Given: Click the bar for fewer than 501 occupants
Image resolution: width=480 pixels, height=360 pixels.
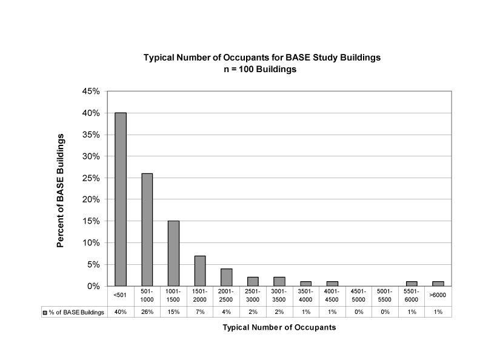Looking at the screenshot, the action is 121,199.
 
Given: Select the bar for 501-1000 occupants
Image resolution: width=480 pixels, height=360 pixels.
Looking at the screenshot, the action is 147,230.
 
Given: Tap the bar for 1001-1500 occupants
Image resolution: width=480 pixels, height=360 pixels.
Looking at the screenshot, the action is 173,253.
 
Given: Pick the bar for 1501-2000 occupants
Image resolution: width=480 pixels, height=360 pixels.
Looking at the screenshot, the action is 200,271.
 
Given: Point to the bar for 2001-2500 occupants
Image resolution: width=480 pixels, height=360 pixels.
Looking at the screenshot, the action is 227,278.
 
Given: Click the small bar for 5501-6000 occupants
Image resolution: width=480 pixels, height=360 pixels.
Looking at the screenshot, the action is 412,284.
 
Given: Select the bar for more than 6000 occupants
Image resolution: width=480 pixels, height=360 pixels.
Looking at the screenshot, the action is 438,284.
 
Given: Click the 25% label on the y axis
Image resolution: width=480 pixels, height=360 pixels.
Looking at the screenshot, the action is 91,178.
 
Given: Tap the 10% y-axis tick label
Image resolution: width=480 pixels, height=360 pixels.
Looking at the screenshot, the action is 91,243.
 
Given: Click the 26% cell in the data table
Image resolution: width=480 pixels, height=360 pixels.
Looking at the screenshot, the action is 147,312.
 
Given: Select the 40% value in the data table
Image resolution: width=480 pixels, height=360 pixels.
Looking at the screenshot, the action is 121,312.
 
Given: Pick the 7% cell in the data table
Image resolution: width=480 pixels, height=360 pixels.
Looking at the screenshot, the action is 200,312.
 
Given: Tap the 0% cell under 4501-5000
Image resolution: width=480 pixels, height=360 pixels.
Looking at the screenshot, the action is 359,312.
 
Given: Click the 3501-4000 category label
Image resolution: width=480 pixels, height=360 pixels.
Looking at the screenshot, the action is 305,295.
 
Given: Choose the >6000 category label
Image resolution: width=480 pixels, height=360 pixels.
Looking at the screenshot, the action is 438,295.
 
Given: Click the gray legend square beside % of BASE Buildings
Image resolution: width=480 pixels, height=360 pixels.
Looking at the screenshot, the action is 45,313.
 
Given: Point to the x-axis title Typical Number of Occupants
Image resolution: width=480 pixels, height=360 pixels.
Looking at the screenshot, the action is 279,327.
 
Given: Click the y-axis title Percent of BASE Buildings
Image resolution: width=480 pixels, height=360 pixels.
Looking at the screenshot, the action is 61,190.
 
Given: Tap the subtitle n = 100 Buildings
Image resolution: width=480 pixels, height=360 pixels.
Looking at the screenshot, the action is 260,69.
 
